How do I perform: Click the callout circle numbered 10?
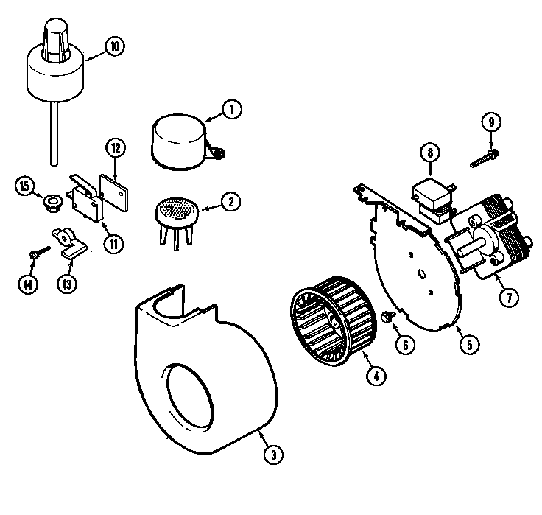(115, 46)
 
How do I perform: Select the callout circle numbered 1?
(230, 110)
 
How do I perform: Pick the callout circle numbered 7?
(507, 298)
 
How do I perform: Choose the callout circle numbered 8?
(429, 153)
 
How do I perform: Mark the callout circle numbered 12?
(115, 147)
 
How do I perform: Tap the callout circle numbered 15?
(25, 186)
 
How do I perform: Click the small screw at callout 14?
(37, 253)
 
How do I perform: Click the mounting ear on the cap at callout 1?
(218, 153)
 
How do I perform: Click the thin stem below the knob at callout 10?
(55, 133)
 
